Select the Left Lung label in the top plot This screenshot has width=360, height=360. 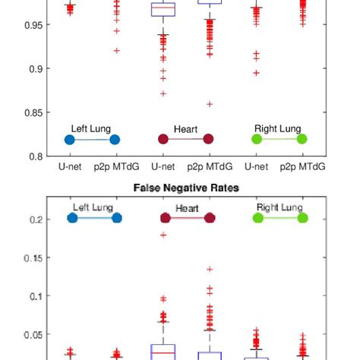(91, 129)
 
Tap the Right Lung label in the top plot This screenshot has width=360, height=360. (279, 129)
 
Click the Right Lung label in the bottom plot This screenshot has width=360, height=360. (279, 207)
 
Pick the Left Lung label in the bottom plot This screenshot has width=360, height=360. (93, 207)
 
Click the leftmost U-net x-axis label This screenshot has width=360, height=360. (70, 166)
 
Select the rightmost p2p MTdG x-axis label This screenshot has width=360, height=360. (302, 166)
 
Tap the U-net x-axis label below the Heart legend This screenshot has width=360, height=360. (163, 166)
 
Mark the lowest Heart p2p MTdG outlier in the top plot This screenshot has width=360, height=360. (209, 104)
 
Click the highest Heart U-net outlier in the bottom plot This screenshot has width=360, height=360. (163, 235)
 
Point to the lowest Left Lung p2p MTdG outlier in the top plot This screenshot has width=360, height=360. (116, 51)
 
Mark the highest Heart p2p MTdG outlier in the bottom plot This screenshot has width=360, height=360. (210, 269)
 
